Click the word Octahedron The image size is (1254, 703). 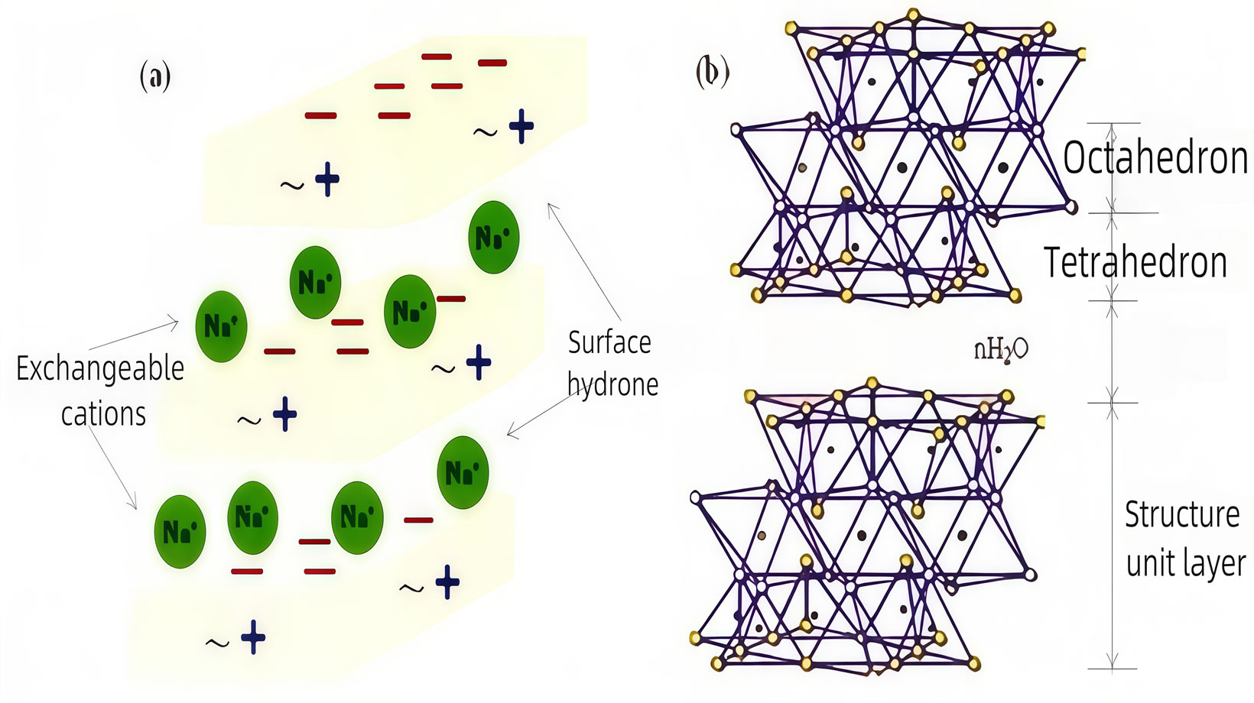point(1155,159)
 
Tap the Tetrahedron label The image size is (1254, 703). point(1135,263)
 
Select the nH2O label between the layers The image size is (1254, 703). point(1001,349)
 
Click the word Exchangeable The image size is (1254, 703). point(100,369)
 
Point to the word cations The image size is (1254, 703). point(103,414)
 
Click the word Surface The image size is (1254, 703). point(609,342)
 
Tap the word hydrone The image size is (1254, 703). point(612,384)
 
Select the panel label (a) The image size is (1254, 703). point(155,76)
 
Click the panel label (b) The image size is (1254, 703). point(712,73)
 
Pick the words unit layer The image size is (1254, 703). point(1186,564)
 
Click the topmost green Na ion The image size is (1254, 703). point(494,238)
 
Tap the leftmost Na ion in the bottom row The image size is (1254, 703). point(180,531)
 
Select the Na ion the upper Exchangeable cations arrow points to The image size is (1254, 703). point(221,326)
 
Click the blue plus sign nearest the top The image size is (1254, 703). point(521,127)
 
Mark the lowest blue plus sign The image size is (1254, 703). point(253,637)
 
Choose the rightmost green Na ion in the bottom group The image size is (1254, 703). point(463,472)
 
